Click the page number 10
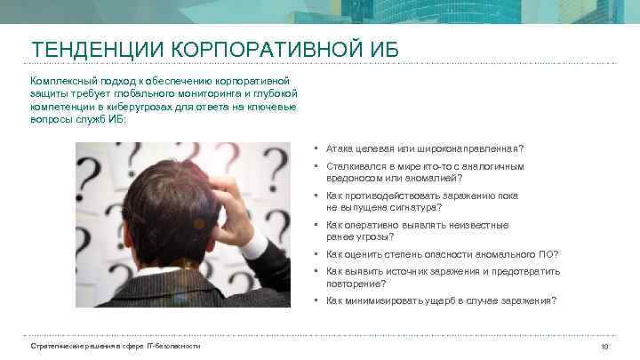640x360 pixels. (605, 346)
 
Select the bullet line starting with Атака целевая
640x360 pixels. (425, 148)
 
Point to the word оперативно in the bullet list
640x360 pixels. (364, 225)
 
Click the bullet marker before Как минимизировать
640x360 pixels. (316, 300)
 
